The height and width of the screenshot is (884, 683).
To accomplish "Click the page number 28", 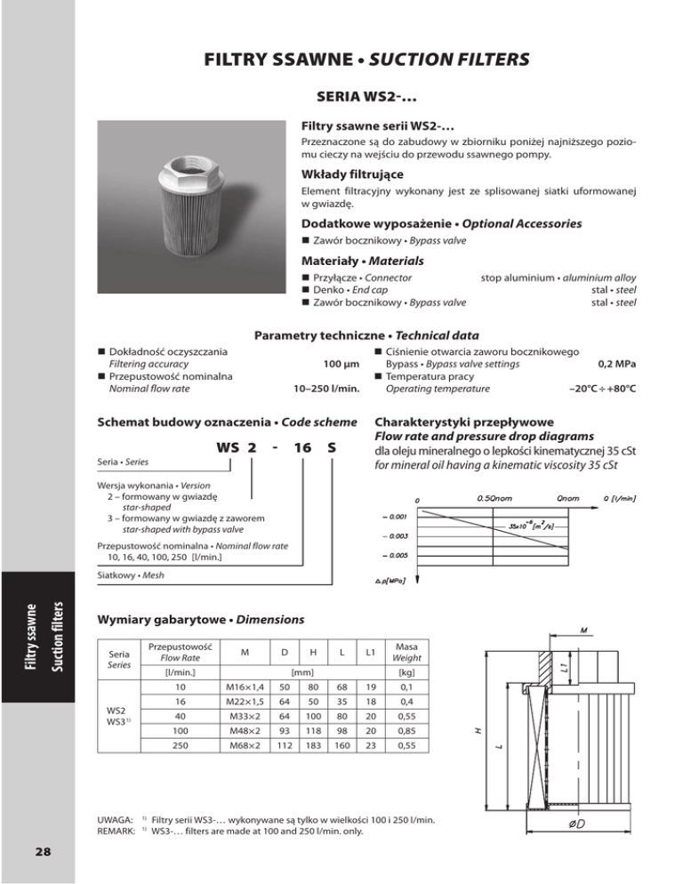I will pyautogui.click(x=38, y=850).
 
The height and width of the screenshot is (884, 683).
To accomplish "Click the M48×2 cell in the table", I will pyautogui.click(x=243, y=732).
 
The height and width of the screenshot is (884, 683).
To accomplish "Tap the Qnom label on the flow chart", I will pyautogui.click(x=566, y=497).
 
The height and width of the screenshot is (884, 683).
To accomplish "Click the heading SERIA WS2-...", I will pyautogui.click(x=368, y=95).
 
